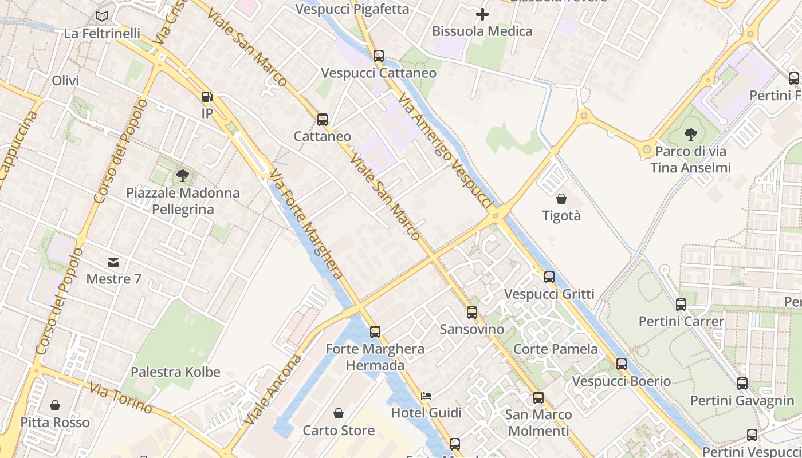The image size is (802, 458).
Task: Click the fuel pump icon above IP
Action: tap(207, 97)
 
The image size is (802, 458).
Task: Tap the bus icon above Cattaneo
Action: tap(323, 120)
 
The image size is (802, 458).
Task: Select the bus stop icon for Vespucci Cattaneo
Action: tap(378, 56)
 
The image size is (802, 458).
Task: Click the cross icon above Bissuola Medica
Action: tap(482, 14)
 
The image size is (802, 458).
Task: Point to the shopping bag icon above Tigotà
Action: tap(561, 199)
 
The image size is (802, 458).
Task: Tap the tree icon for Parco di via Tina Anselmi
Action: tap(691, 135)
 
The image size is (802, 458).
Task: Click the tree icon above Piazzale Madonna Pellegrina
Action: tap(183, 176)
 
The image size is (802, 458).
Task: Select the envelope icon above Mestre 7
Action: tap(113, 263)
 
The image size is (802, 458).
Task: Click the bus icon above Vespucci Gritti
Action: tap(549, 277)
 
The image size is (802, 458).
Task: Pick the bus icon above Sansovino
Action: tap(472, 313)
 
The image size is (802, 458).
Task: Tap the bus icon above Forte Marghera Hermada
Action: tap(375, 332)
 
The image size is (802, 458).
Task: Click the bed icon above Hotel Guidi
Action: tap(426, 396)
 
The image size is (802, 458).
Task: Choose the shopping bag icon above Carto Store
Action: tap(339, 413)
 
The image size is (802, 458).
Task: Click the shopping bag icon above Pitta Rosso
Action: tap(55, 405)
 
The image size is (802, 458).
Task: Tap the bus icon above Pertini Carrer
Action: tap(681, 305)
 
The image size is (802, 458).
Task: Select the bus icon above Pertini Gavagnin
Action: tap(742, 384)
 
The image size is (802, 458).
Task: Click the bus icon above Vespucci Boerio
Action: tap(622, 364)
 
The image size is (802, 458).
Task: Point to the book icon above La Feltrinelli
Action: tap(102, 17)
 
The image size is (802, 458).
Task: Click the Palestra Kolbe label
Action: tap(175, 372)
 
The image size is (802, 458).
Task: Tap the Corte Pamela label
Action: tap(555, 349)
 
